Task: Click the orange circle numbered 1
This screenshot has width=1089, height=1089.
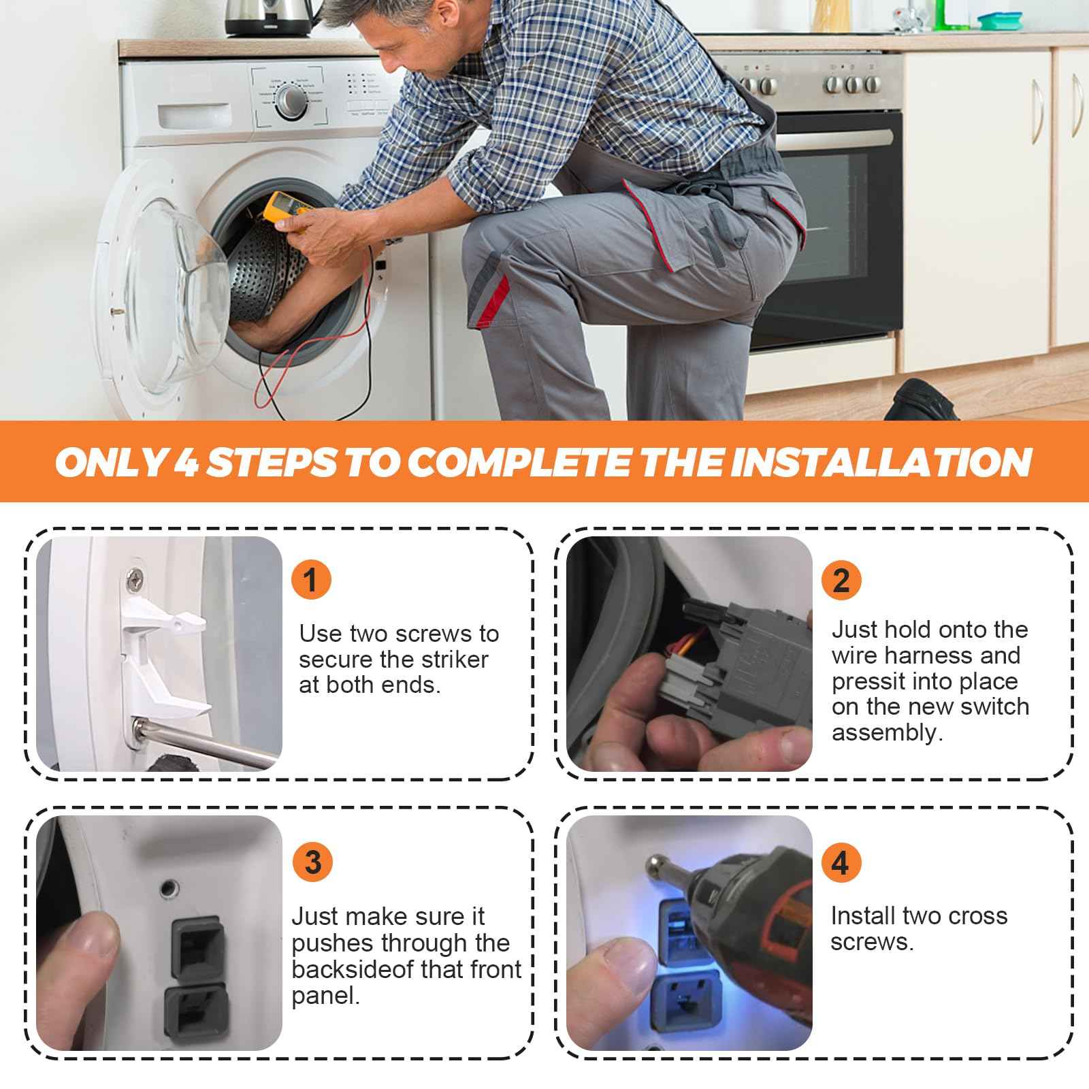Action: [310, 580]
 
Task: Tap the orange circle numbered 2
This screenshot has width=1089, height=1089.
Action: [841, 580]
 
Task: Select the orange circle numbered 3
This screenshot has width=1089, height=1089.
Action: [312, 862]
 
